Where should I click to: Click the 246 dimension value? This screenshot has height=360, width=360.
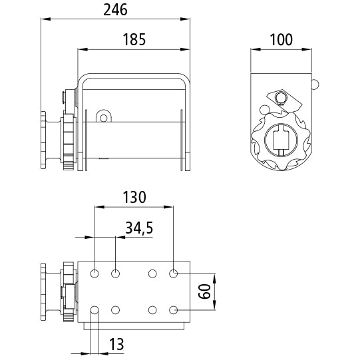click(115, 10)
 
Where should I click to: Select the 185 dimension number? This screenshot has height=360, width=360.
click(134, 39)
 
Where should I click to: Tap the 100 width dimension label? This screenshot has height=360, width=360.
click(281, 40)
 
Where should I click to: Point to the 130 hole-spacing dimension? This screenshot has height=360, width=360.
click(134, 197)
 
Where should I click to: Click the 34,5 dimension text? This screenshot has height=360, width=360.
click(139, 228)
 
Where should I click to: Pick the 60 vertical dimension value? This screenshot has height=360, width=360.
click(204, 291)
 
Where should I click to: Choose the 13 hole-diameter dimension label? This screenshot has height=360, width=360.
click(116, 344)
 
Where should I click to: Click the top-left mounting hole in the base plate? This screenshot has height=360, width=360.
click(94, 273)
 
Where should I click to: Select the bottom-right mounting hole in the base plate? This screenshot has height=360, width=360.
click(173, 310)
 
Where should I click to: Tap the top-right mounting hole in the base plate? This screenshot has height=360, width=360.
click(173, 273)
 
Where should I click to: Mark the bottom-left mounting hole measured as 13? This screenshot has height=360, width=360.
click(94, 310)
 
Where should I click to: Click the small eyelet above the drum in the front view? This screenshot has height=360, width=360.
click(104, 118)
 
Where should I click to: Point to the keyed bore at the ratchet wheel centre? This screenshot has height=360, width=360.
click(281, 140)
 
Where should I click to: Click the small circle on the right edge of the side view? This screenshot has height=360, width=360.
click(315, 85)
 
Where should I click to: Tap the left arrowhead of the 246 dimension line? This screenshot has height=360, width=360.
click(46, 19)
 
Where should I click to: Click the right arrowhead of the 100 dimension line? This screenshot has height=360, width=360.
click(307, 49)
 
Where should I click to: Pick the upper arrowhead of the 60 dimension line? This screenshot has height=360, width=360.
click(214, 279)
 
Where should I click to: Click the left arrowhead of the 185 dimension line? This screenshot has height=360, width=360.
click(83, 49)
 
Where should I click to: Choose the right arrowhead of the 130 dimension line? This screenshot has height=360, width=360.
click(168, 207)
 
